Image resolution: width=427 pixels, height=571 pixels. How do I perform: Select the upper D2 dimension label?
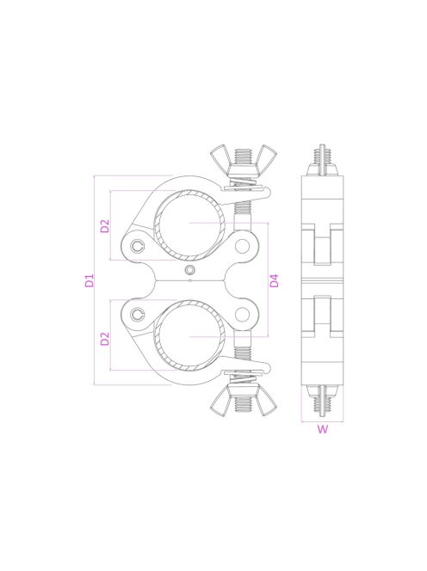point(105,226)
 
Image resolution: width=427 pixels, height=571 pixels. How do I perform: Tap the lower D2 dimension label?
point(105,338)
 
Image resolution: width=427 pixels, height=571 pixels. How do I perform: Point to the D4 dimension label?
point(274,280)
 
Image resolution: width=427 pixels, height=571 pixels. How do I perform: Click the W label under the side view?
point(322,432)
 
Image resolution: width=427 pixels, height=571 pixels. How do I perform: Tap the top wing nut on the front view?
point(243,160)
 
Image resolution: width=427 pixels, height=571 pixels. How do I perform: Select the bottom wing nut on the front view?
point(243,401)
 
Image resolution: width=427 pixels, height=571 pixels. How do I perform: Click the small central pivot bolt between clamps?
point(189,273)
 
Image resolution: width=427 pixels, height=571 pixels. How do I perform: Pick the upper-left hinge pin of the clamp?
point(138,247)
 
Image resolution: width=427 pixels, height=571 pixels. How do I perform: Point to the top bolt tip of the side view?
point(322,149)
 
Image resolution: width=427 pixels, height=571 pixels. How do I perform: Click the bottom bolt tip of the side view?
point(322,412)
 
